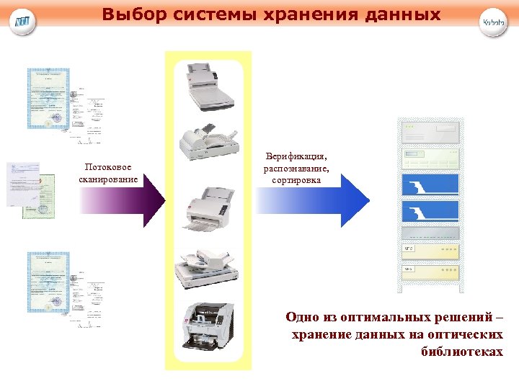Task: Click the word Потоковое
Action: [x=108, y=166]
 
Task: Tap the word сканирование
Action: [x=108, y=178]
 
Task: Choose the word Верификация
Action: [x=296, y=156]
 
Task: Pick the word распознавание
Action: [x=296, y=168]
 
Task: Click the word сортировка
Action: [x=296, y=179]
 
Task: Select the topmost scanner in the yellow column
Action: [x=208, y=85]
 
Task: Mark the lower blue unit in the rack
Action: [x=430, y=212]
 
